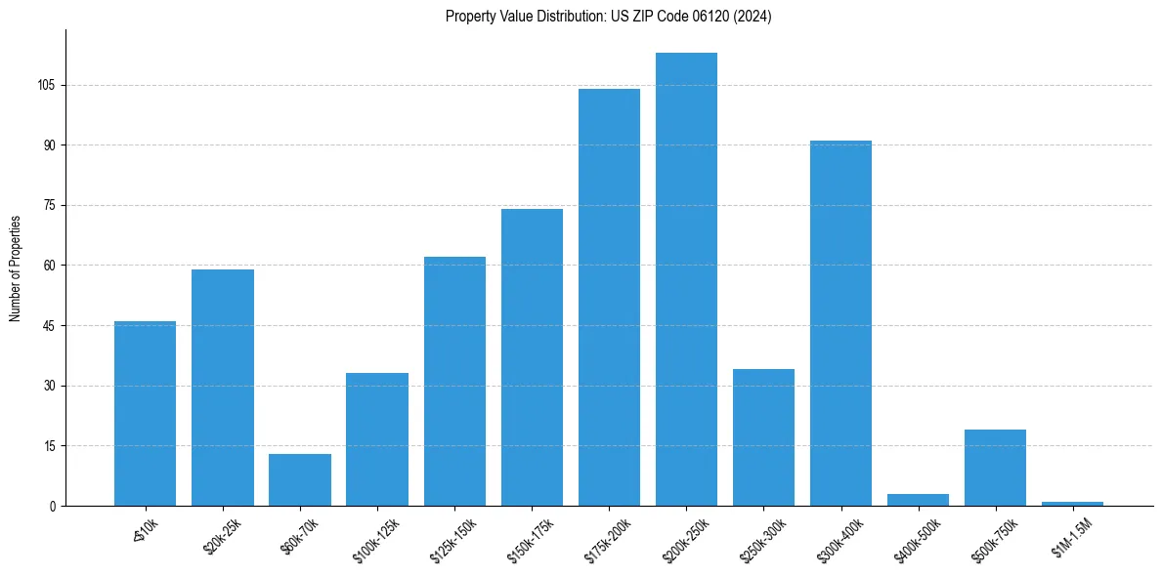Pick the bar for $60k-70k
click(x=300, y=480)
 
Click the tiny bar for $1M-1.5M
click(x=1072, y=504)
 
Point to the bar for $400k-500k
click(x=918, y=500)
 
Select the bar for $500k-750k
click(x=995, y=468)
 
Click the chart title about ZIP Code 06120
click(x=608, y=17)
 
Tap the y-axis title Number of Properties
click(x=16, y=268)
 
